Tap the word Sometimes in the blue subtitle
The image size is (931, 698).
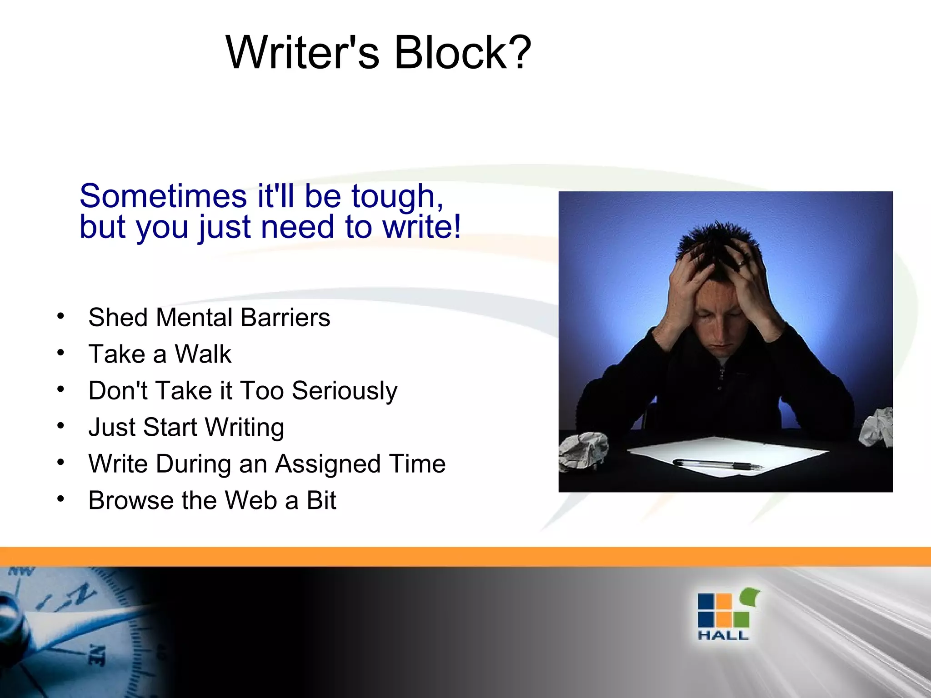(163, 196)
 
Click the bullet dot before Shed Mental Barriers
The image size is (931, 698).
(60, 316)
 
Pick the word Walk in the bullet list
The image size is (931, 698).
(203, 354)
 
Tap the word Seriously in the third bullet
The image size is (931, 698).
(345, 391)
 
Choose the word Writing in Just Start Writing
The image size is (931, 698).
(244, 428)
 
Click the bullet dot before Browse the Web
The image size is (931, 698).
(60, 499)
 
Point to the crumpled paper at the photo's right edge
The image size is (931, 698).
(876, 427)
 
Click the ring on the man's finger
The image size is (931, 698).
(741, 263)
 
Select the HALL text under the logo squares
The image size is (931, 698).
(723, 635)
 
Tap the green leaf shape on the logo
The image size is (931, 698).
(750, 597)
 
